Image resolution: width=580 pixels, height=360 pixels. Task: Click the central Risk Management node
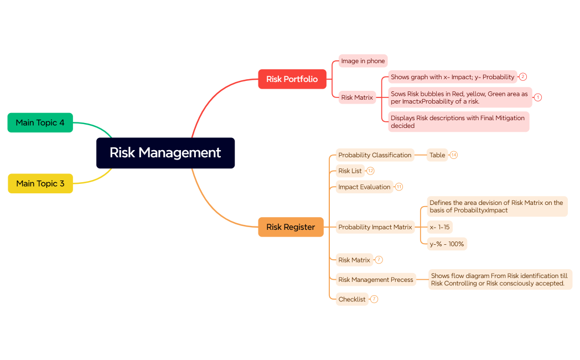[165, 153]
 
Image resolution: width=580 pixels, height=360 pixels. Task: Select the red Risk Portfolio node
[292, 79]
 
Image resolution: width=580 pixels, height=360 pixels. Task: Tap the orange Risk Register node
[291, 227]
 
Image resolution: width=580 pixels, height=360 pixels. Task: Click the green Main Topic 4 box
[40, 122]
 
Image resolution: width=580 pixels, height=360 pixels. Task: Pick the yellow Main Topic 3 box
[40, 183]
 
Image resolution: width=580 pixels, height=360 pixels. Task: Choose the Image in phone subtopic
[362, 61]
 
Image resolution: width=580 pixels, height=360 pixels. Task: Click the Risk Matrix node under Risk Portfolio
[357, 97]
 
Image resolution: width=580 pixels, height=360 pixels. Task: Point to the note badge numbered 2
[522, 77]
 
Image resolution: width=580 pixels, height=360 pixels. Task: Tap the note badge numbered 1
[537, 97]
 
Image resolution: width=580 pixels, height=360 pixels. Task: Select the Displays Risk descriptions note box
[458, 122]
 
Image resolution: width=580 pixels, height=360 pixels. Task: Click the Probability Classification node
[375, 155]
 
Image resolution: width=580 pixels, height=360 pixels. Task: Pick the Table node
[437, 155]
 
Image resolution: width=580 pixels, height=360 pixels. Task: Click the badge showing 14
[454, 155]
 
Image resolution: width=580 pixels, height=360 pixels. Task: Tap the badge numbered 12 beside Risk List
[370, 171]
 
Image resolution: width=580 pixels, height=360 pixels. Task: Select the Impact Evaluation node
[364, 187]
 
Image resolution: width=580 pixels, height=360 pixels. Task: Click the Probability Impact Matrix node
[375, 227]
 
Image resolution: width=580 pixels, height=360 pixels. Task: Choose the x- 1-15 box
[440, 227]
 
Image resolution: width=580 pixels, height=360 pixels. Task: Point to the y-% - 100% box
[447, 244]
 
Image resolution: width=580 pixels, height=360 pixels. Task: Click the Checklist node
[352, 299]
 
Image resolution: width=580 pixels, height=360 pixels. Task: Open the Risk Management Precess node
[376, 280]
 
